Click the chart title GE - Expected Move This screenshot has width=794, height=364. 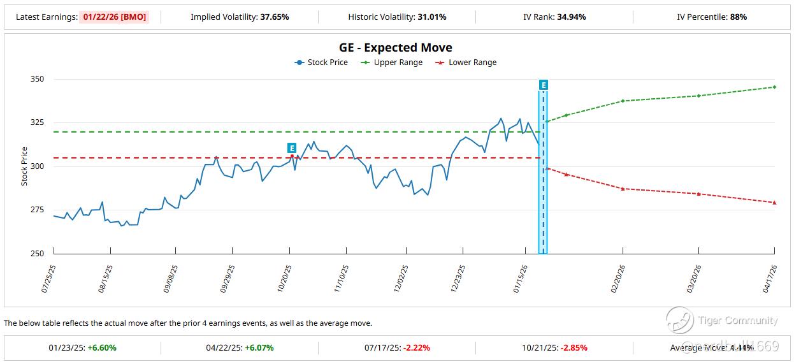pyautogui.click(x=396, y=48)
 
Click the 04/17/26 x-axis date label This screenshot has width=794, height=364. pyautogui.click(x=769, y=279)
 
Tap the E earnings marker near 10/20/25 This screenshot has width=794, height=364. pyautogui.click(x=292, y=148)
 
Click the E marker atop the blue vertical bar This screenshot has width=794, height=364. pyautogui.click(x=543, y=85)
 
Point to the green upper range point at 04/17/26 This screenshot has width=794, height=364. pyautogui.click(x=774, y=87)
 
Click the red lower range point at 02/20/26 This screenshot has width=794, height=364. pyautogui.click(x=623, y=189)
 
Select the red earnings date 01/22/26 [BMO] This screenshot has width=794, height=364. pyautogui.click(x=115, y=17)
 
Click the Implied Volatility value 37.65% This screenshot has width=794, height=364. pyautogui.click(x=275, y=17)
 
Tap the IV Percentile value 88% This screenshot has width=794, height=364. pyautogui.click(x=738, y=17)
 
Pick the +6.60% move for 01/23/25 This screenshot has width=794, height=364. pyautogui.click(x=103, y=348)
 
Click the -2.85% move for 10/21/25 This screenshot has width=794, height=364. pyautogui.click(x=574, y=348)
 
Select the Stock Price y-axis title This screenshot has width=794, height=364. pyautogui.click(x=24, y=166)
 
